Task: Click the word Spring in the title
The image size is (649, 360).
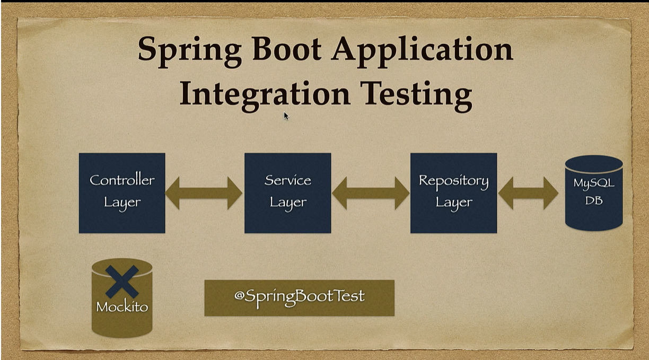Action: coord(189,51)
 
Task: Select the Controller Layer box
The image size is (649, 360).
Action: coord(122,193)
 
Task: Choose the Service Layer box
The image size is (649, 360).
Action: coord(288,193)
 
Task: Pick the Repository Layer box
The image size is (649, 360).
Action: coord(454,193)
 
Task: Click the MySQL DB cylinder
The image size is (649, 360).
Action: coord(594,193)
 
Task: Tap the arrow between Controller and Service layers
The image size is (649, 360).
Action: coord(204,193)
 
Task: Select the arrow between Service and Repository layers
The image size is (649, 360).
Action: coord(371,193)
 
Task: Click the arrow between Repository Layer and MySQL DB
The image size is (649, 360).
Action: coord(528,193)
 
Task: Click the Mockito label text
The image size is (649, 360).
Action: coord(122,307)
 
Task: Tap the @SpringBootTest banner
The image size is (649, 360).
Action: coord(299,298)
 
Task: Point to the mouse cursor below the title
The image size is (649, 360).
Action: coord(286,116)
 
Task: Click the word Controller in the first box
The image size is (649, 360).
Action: coord(122,180)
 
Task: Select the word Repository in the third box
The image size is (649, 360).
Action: coord(454,181)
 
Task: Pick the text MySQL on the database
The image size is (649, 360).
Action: coord(594,183)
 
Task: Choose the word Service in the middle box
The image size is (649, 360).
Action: coord(288,180)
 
